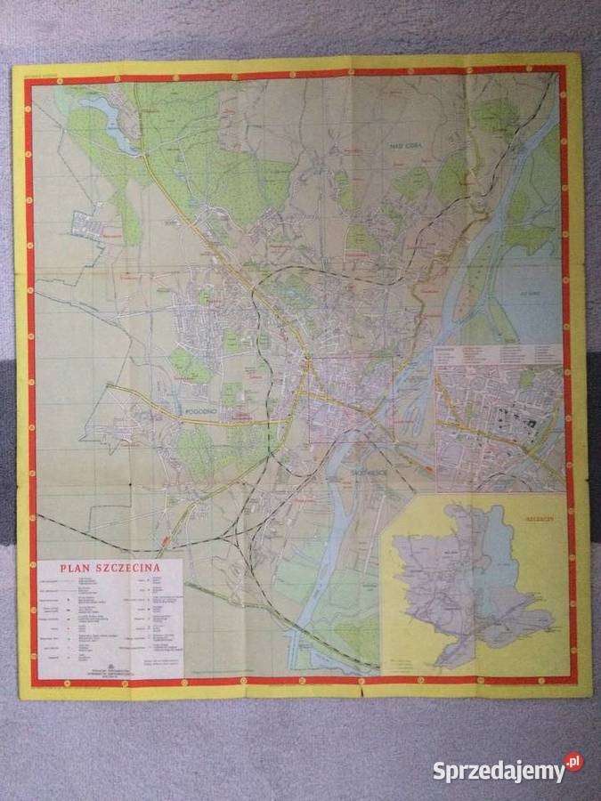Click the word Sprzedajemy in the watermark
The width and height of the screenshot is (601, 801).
tap(498, 771)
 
